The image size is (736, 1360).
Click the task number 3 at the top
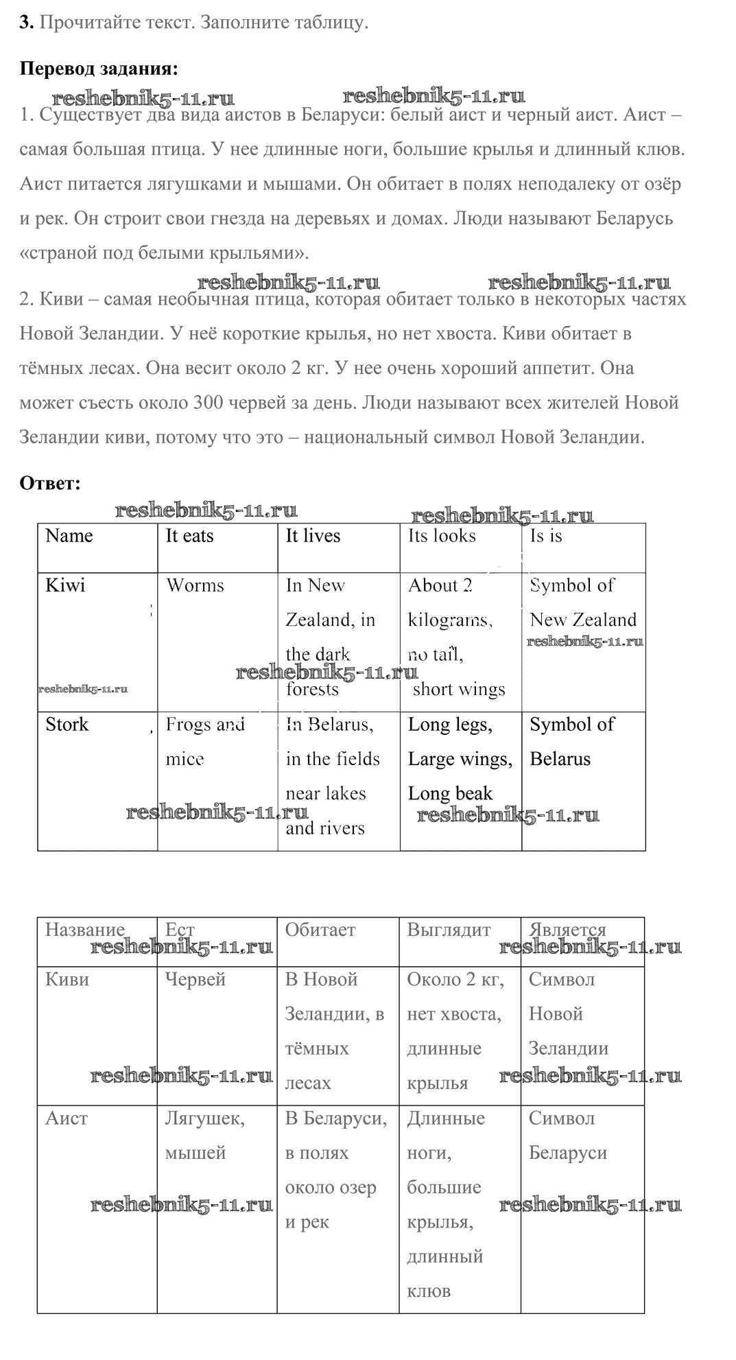click(26, 22)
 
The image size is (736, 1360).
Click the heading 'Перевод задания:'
click(99, 69)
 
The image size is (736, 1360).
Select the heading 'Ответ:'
click(50, 483)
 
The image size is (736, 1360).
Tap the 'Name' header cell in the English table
click(69, 536)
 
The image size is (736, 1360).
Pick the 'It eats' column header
click(189, 536)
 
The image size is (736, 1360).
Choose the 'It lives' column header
click(313, 536)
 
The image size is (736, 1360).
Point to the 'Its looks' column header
click(442, 536)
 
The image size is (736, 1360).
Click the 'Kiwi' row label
click(65, 585)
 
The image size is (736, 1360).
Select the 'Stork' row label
click(67, 725)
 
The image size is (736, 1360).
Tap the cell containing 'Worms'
click(195, 585)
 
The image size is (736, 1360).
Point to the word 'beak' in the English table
click(474, 794)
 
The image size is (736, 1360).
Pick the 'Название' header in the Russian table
click(84, 930)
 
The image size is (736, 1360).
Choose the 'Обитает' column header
click(320, 930)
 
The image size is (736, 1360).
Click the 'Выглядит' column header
click(449, 930)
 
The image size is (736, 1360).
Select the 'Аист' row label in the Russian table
click(67, 1118)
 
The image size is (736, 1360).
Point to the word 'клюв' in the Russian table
click(429, 1291)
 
